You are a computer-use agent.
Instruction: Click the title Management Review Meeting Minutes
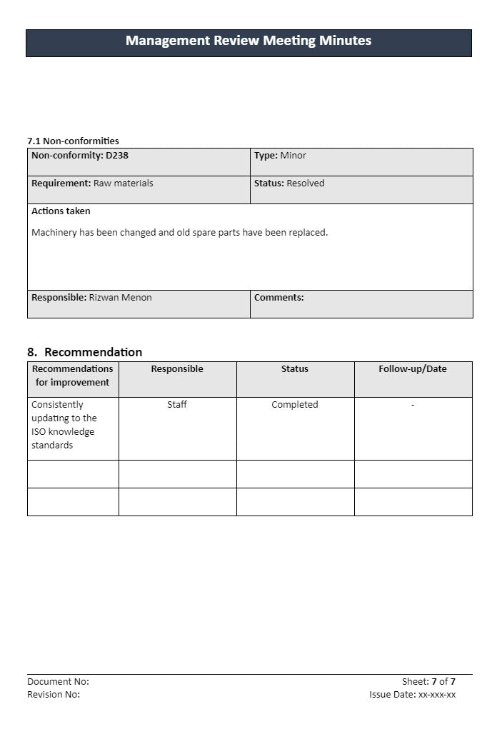click(249, 41)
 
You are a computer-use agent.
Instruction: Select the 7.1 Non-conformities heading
click(73, 141)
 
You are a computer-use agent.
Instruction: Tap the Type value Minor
click(293, 156)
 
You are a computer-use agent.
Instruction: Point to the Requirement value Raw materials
click(123, 183)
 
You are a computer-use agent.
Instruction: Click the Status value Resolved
click(305, 183)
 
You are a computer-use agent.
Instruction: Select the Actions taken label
click(61, 211)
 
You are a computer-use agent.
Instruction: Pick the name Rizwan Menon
click(120, 298)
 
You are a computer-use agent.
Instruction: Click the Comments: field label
click(278, 298)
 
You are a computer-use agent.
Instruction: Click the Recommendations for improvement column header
click(73, 376)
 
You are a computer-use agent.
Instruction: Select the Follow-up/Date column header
click(413, 369)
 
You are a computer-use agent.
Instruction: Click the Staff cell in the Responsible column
click(177, 405)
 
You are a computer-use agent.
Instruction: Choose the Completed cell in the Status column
click(295, 405)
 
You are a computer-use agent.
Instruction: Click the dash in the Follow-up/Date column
click(413, 405)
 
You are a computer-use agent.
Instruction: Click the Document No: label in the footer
click(58, 682)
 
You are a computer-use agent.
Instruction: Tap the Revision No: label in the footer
click(54, 695)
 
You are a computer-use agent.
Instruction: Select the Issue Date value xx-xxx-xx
click(437, 695)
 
